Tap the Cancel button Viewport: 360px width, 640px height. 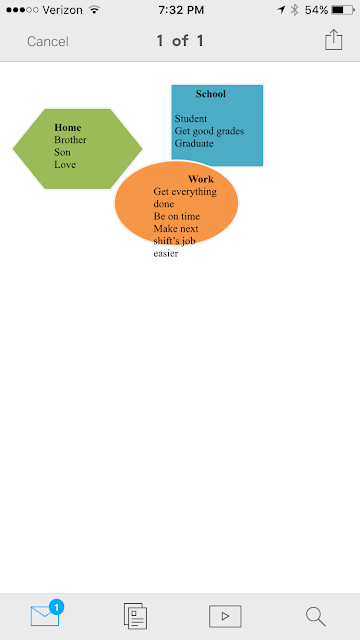pos(48,42)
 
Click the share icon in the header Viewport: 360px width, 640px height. pos(333,40)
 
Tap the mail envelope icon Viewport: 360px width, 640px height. pos(45,616)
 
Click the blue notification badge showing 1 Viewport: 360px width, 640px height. pos(56,607)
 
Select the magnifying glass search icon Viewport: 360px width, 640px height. pos(316,616)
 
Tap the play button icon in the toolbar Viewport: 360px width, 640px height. pos(225,616)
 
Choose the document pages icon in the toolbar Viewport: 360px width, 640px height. pos(136,616)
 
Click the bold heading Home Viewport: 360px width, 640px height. pos(68,128)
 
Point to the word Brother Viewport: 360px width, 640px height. pos(70,140)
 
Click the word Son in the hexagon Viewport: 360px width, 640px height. pos(62,152)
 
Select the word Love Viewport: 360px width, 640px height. pos(65,164)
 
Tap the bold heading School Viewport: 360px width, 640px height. pos(211,94)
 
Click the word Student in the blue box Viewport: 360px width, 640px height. pos(191,119)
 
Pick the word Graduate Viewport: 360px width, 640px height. pos(194,143)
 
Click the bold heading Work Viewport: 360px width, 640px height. pos(201,179)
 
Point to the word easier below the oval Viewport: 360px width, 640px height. pos(166,253)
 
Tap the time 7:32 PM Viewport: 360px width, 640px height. pos(181,10)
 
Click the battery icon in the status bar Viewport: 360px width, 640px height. pos(343,10)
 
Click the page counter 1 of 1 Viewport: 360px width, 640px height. pos(180,41)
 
